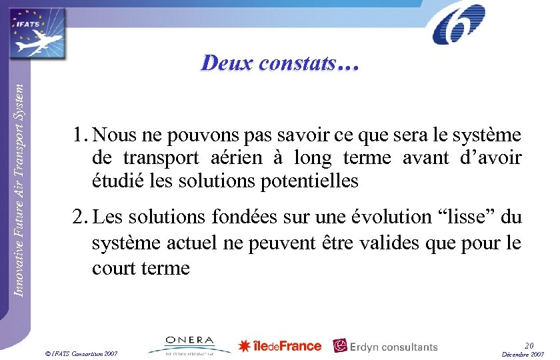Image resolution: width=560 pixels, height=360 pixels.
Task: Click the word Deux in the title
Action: click(227, 63)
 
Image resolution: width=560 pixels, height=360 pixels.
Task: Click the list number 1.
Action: click(81, 136)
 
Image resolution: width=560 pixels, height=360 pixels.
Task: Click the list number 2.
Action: click(81, 217)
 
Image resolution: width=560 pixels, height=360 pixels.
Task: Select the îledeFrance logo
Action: click(280, 345)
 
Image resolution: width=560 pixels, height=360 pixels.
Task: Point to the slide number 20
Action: click(529, 345)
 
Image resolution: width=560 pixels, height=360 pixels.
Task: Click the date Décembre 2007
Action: click(523, 353)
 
